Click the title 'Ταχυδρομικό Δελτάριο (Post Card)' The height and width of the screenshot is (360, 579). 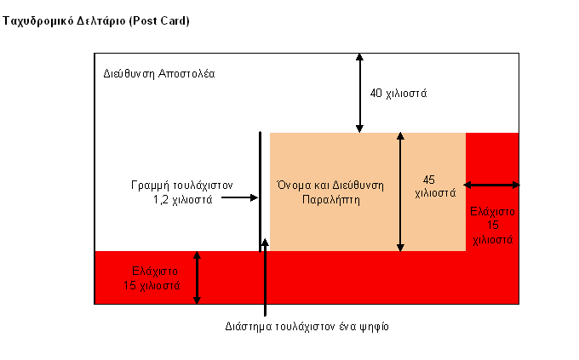pyautogui.click(x=96, y=21)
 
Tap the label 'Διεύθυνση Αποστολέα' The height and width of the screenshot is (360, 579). pyautogui.click(x=158, y=74)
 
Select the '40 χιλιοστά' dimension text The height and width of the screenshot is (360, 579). pyautogui.click(x=398, y=94)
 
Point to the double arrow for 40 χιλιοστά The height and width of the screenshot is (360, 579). pyautogui.click(x=359, y=93)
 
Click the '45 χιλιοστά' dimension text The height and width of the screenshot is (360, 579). pyautogui.click(x=435, y=186)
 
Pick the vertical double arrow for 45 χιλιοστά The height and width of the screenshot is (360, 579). pyautogui.click(x=400, y=192)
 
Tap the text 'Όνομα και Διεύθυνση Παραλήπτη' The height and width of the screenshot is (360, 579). pyautogui.click(x=330, y=192)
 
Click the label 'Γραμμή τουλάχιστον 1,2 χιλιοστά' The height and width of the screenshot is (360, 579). pyautogui.click(x=182, y=192)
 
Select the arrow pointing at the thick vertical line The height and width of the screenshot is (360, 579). pyautogui.click(x=239, y=197)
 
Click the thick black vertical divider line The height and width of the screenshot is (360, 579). pyautogui.click(x=260, y=191)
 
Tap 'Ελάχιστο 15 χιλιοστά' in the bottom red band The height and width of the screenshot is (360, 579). pyautogui.click(x=152, y=278)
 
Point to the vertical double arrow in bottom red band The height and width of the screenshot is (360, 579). pyautogui.click(x=197, y=277)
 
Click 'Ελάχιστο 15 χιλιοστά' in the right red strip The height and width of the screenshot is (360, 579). pyautogui.click(x=493, y=226)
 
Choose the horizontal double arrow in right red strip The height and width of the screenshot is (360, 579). pyautogui.click(x=491, y=185)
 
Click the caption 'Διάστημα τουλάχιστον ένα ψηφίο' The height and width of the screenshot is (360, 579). pyautogui.click(x=307, y=327)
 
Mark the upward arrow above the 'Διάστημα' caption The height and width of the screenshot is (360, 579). pyautogui.click(x=265, y=277)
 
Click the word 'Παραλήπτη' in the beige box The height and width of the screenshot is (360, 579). pyautogui.click(x=331, y=200)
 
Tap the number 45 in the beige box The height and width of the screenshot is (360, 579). pyautogui.click(x=428, y=180)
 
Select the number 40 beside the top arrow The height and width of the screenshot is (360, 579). pyautogui.click(x=375, y=93)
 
